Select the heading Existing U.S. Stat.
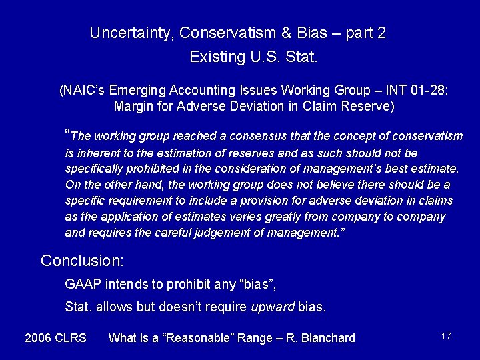click(254, 57)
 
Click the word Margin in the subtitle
click(133, 105)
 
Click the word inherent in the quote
click(97, 152)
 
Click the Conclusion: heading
click(78, 260)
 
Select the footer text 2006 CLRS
click(55, 338)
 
